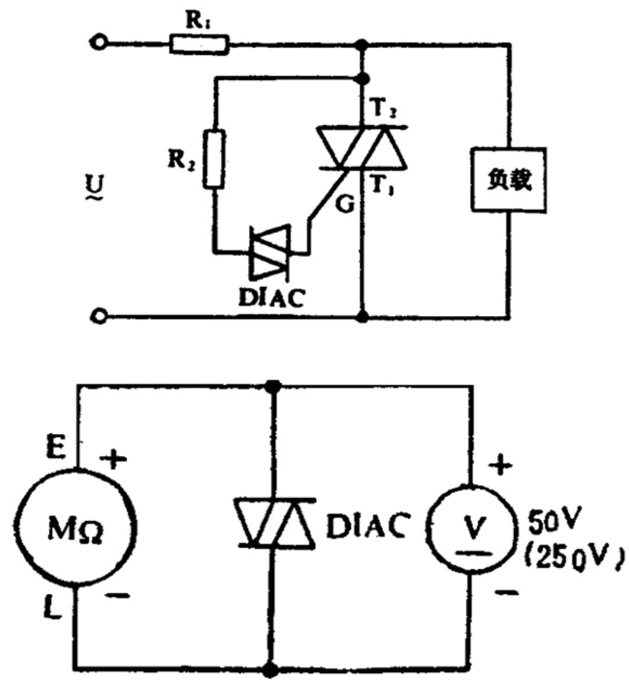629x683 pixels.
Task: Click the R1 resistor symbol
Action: (198, 45)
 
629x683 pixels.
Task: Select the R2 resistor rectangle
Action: (215, 159)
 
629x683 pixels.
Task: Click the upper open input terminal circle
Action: (97, 44)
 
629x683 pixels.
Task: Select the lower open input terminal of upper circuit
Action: (97, 314)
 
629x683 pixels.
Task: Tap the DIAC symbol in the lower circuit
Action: (272, 522)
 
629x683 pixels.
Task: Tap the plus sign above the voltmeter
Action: (500, 464)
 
